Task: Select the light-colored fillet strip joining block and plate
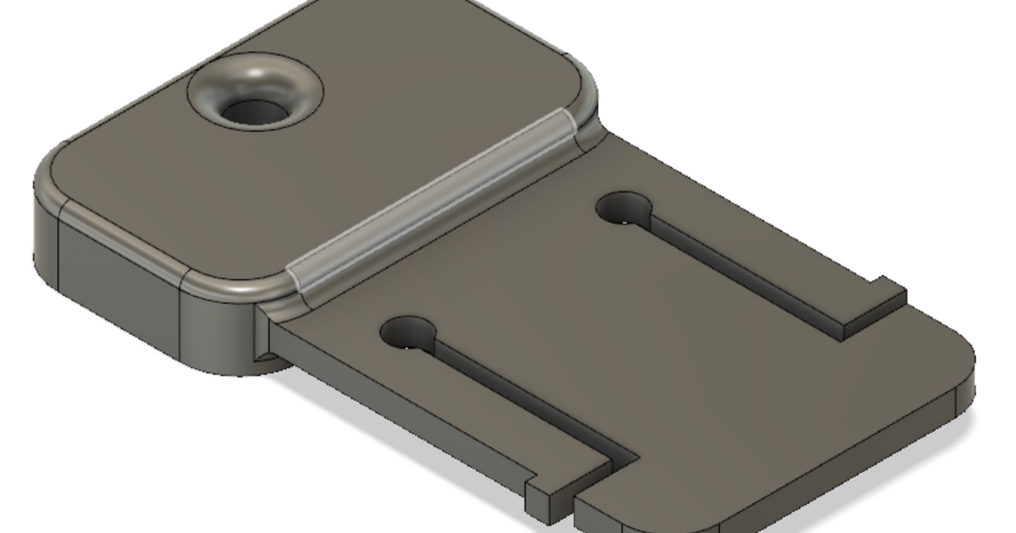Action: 432,199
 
